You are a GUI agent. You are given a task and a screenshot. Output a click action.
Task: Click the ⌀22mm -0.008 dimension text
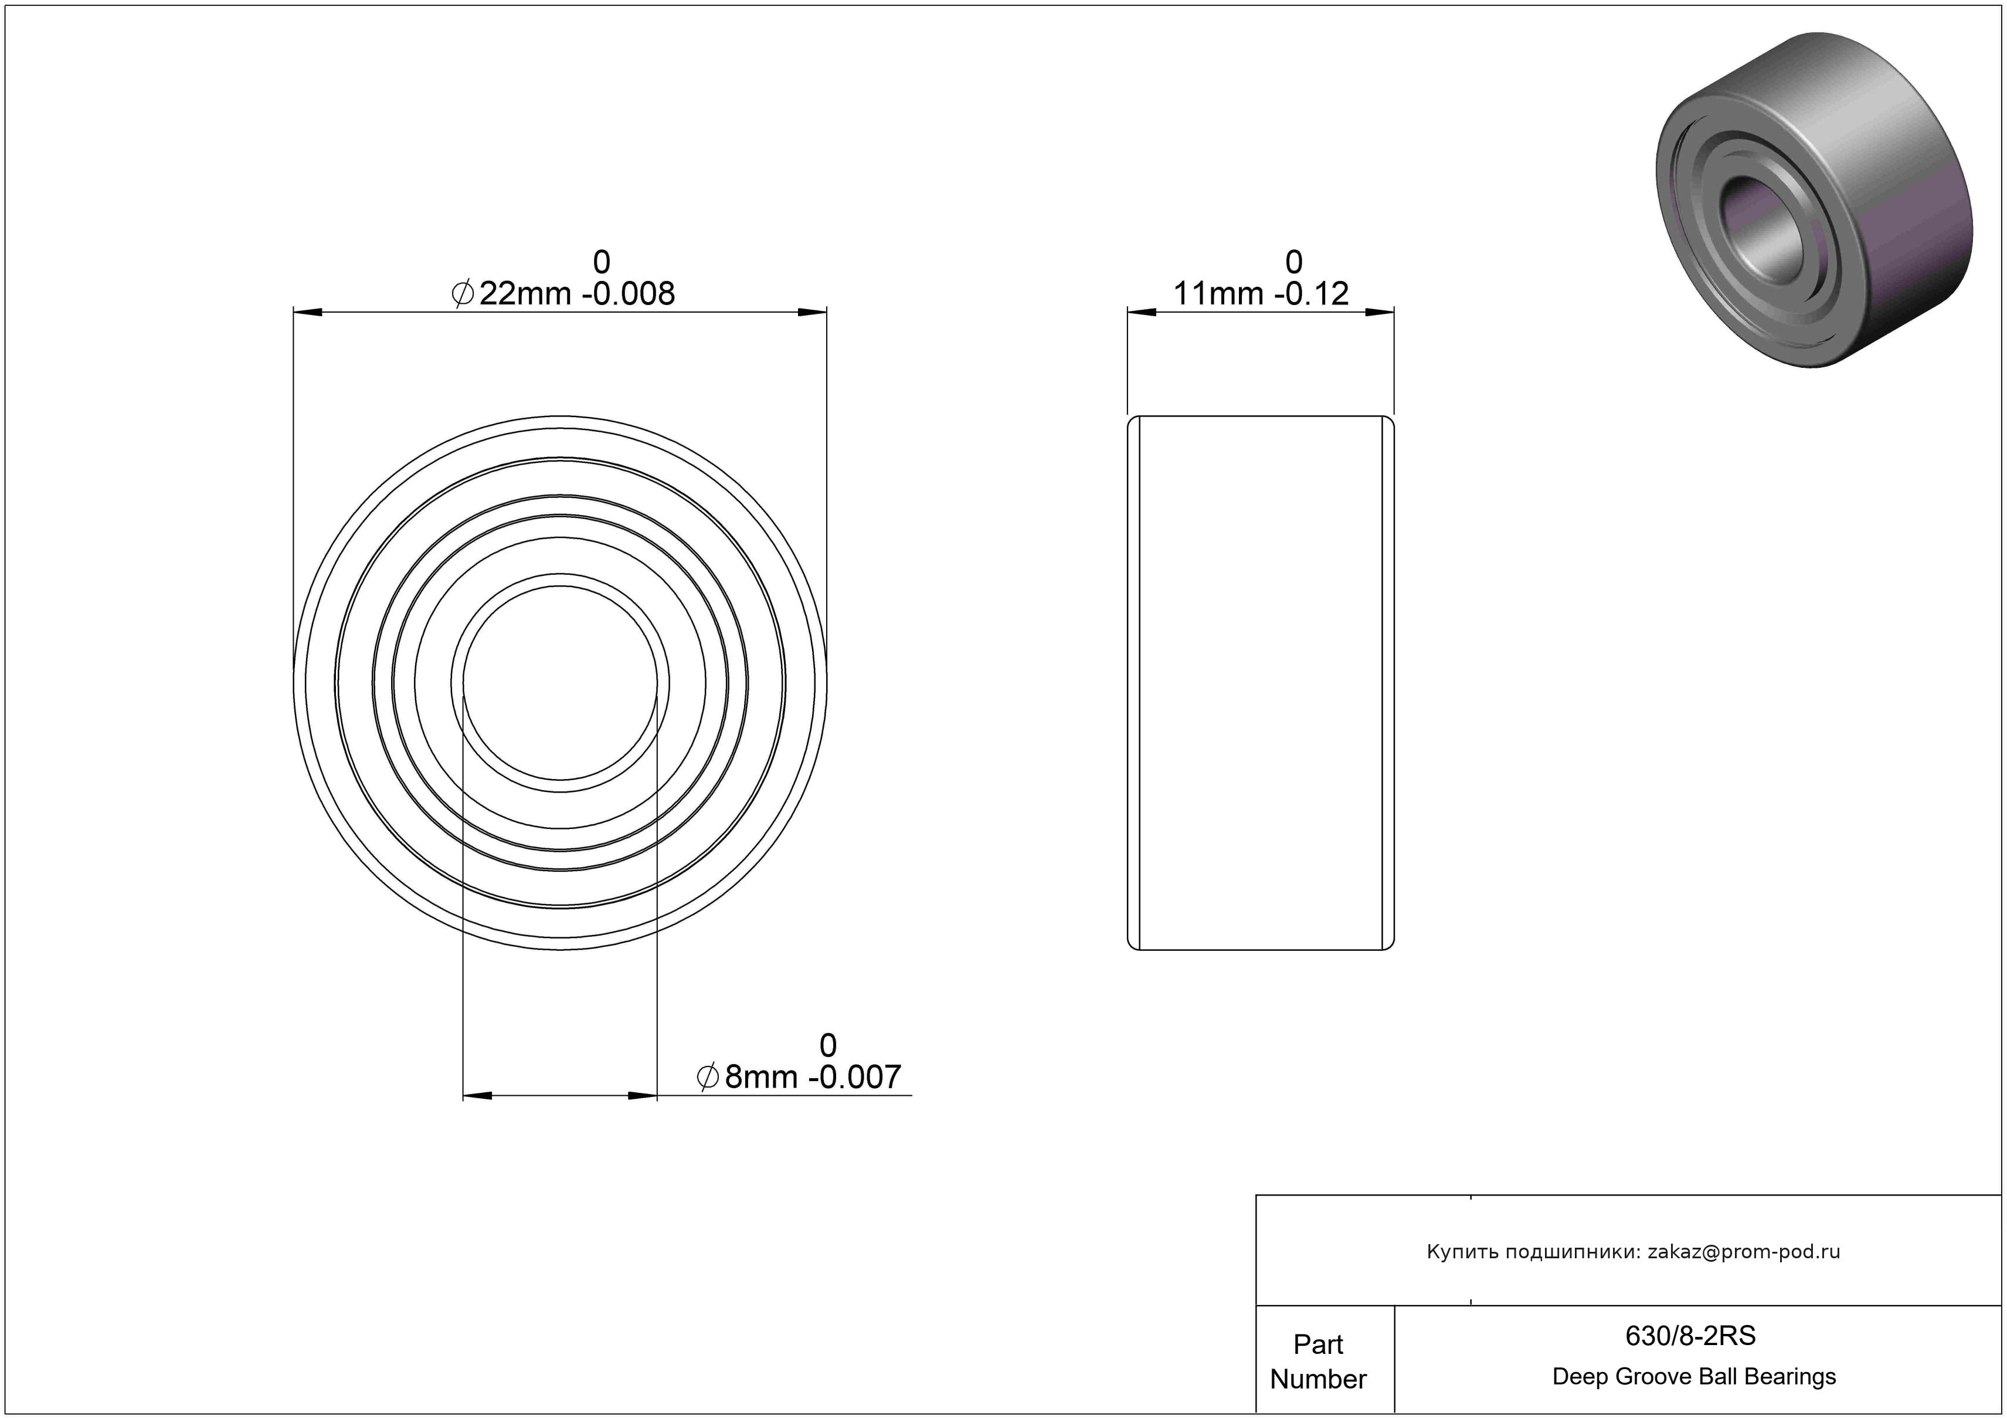tap(563, 294)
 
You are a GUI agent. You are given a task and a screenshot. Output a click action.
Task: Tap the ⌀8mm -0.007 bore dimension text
tap(798, 1077)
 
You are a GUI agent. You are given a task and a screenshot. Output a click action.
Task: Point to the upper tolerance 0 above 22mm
tap(602, 262)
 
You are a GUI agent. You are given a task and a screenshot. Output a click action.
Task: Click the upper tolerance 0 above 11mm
tap(1293, 262)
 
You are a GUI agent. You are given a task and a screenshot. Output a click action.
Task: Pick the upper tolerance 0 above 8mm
tap(828, 1045)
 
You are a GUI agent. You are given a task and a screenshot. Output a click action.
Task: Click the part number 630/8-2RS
tap(1690, 1335)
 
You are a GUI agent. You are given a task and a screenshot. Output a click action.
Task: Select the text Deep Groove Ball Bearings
tap(1694, 1377)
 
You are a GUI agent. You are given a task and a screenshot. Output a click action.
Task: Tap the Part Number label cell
tap(1318, 1362)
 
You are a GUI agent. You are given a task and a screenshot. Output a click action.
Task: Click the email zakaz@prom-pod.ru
tap(1744, 1252)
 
